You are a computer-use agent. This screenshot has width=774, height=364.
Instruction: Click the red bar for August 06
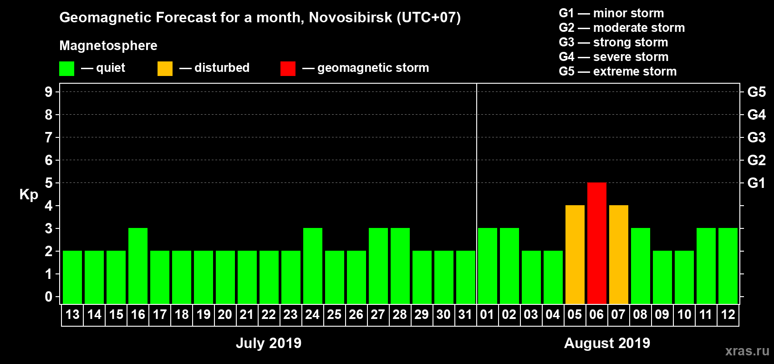pyautogui.click(x=596, y=243)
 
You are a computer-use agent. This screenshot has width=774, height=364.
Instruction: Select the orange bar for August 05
pyautogui.click(x=575, y=254)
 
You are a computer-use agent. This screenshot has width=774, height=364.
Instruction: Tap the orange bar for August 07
pyautogui.click(x=618, y=254)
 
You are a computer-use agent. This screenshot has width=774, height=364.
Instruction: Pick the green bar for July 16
pyautogui.click(x=138, y=266)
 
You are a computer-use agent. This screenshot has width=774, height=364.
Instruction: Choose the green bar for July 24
pyautogui.click(x=313, y=266)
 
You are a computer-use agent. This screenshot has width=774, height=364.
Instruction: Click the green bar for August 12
pyautogui.click(x=728, y=266)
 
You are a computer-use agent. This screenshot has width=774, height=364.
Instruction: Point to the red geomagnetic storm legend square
pyautogui.click(x=288, y=69)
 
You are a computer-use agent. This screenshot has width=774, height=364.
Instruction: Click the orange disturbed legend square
pyautogui.click(x=165, y=69)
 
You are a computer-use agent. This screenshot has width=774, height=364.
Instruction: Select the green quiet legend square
pyautogui.click(x=66, y=69)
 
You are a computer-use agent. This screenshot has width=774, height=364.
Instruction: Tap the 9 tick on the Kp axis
pyautogui.click(x=49, y=92)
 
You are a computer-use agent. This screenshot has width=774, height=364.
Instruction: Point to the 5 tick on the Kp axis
pyautogui.click(x=49, y=183)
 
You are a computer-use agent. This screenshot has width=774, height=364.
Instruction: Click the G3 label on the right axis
pyautogui.click(x=756, y=137)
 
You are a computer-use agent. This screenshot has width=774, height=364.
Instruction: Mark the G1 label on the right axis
pyautogui.click(x=756, y=183)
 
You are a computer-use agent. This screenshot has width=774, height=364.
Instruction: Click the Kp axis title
pyautogui.click(x=29, y=195)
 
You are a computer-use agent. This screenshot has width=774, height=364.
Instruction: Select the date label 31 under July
pyautogui.click(x=465, y=314)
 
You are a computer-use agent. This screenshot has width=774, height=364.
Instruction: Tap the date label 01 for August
pyautogui.click(x=487, y=314)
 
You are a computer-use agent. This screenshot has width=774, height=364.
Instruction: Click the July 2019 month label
pyautogui.click(x=269, y=343)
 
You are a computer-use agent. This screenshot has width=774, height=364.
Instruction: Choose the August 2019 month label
pyautogui.click(x=607, y=343)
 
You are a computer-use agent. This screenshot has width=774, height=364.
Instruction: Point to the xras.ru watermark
pyautogui.click(x=747, y=351)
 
